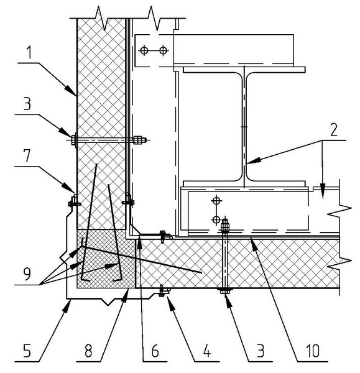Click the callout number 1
[29, 53]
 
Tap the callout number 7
[27, 155]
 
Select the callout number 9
[27, 274]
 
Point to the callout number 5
[27, 351]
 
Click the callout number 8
[88, 351]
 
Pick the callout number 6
[155, 351]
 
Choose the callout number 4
[207, 351]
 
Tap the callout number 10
[313, 351]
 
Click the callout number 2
[334, 130]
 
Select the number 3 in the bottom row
[261, 351]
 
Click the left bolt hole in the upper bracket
[144, 50]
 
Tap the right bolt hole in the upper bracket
[163, 50]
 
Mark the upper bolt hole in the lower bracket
[216, 201]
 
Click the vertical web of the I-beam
[244, 127]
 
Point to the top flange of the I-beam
[244, 70]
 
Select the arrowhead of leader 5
[67, 305]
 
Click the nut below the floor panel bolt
[225, 291]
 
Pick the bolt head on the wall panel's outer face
[73, 140]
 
